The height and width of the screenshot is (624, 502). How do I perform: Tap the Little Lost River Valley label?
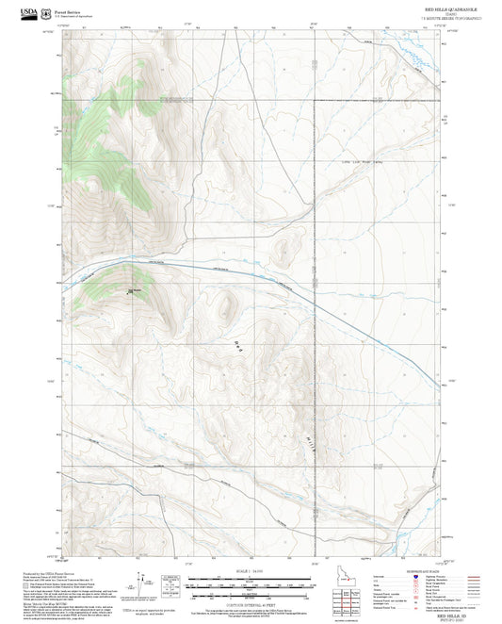point(359,161)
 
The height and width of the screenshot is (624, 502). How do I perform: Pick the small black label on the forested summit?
point(134,289)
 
